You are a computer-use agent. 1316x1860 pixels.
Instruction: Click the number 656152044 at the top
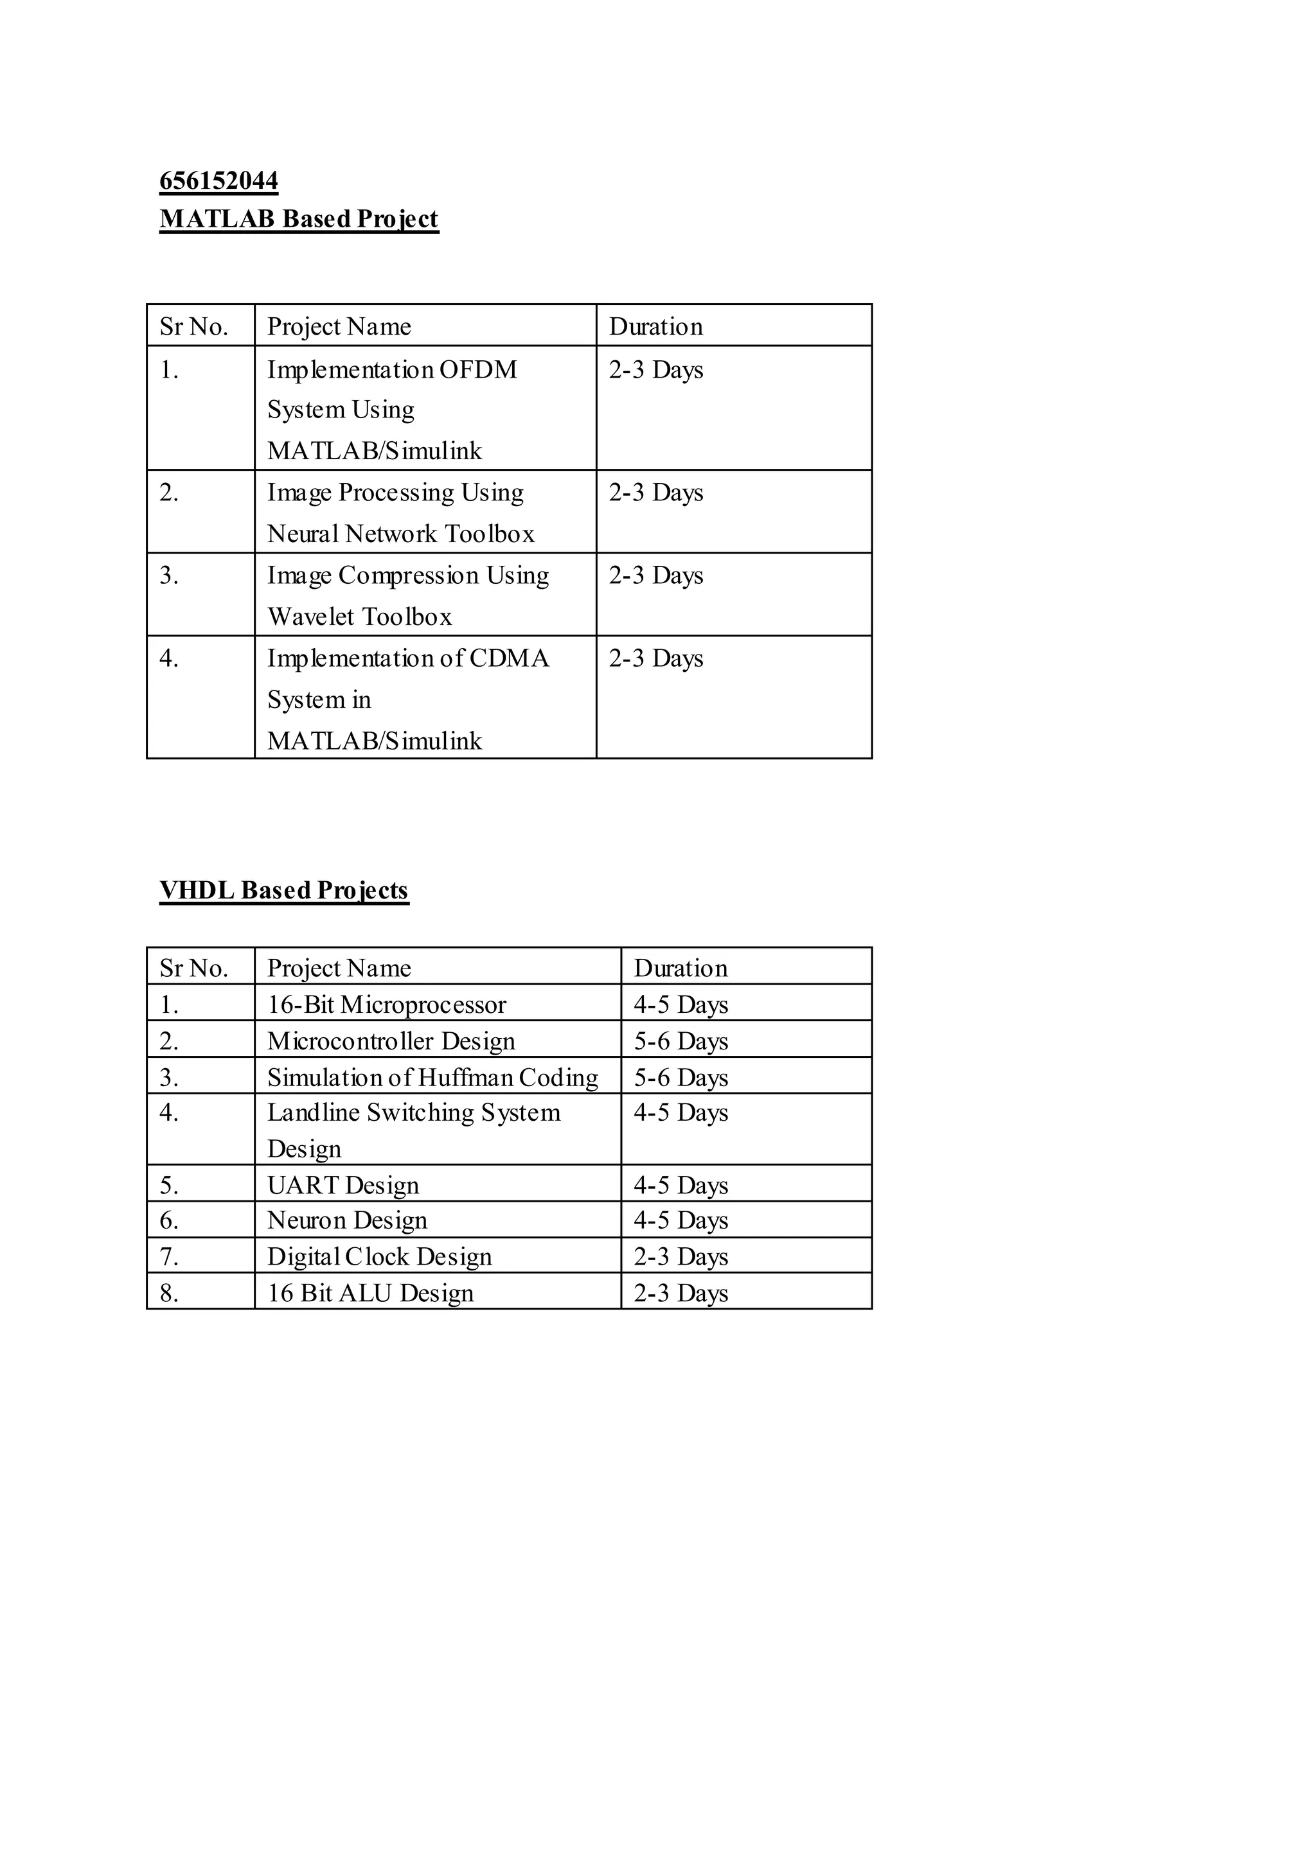pos(218,180)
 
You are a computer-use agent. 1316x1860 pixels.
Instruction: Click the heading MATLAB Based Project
pos(299,219)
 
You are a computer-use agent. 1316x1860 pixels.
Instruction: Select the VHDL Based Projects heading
pos(283,890)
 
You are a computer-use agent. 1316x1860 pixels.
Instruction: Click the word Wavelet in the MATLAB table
pos(310,617)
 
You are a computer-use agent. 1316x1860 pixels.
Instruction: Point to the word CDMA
pos(509,658)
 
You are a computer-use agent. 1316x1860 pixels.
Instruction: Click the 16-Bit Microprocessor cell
pos(387,1005)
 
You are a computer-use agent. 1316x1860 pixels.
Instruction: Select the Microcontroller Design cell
pos(391,1042)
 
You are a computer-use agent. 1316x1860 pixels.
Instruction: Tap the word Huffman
pos(465,1078)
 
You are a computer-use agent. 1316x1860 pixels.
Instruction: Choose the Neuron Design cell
pos(347,1221)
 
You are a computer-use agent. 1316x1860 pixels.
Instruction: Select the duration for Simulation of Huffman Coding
pos(680,1078)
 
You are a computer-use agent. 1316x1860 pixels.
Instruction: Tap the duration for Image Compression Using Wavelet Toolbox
pos(655,576)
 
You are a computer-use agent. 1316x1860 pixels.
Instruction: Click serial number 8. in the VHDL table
pos(168,1294)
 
